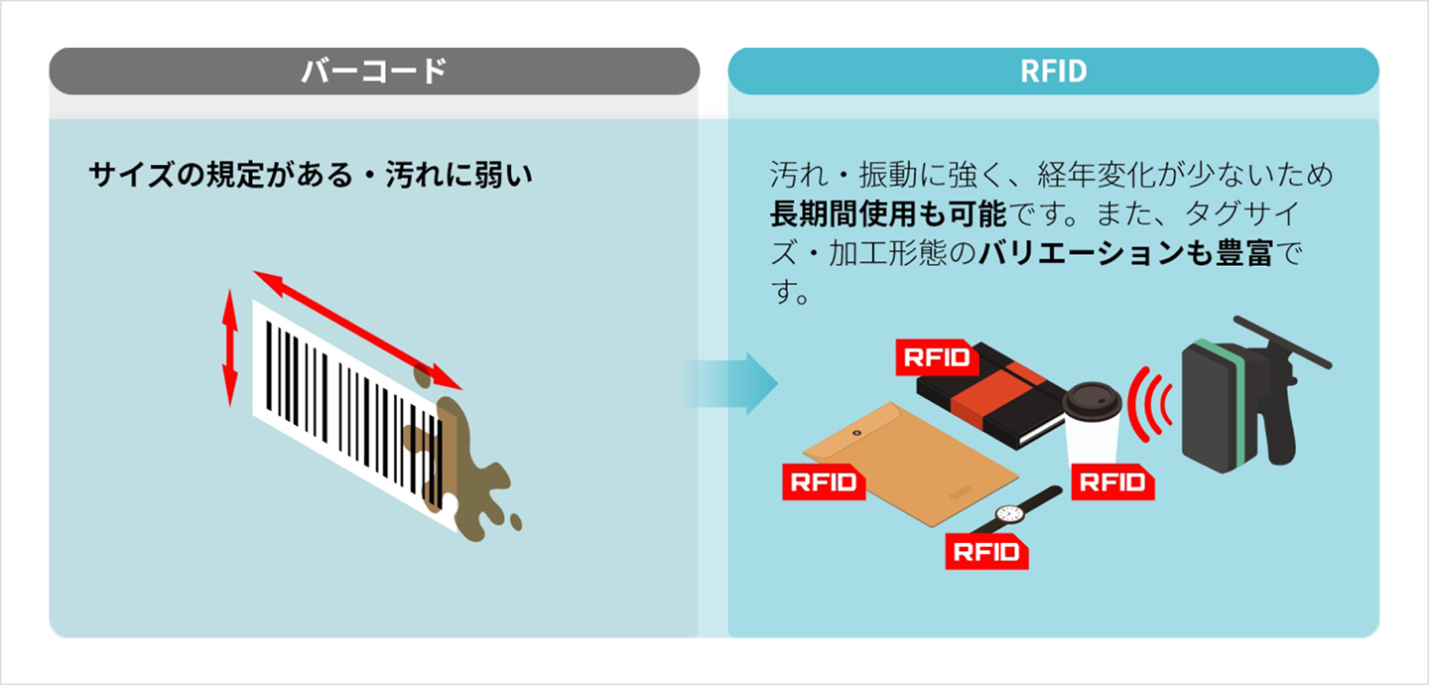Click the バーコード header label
point(374,71)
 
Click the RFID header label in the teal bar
point(1053,71)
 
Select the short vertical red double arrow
point(230,347)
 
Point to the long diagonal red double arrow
point(358,330)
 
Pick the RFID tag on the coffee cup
point(1112,483)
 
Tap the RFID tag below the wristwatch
point(986,551)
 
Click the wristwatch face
point(1009,514)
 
